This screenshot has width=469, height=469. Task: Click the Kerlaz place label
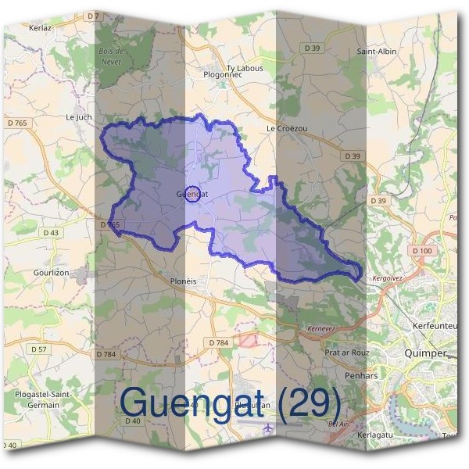(x=40, y=27)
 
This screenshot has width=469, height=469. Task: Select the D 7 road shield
(x=95, y=16)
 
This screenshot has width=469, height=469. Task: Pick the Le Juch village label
(x=80, y=117)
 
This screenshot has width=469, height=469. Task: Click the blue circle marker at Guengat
(x=196, y=193)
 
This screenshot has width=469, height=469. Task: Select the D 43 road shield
(x=50, y=233)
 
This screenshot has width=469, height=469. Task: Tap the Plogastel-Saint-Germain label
(x=43, y=399)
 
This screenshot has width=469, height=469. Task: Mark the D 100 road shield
(x=420, y=250)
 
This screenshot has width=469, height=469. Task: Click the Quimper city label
(x=426, y=353)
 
